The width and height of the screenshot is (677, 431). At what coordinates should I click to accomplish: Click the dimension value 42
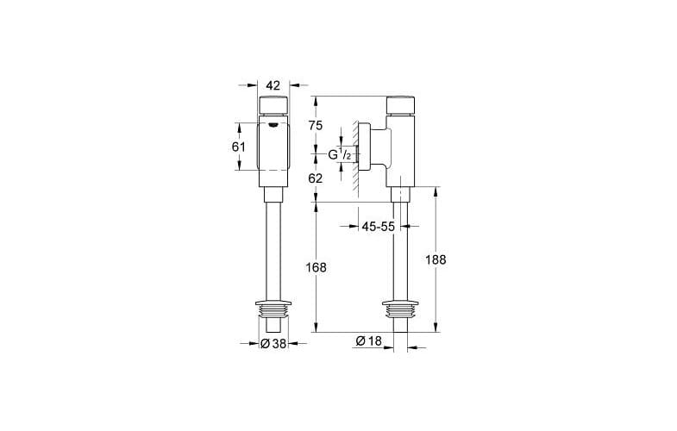click(274, 85)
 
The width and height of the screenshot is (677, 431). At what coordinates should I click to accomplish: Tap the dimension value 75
click(317, 125)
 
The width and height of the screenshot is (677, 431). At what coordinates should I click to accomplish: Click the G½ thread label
click(338, 154)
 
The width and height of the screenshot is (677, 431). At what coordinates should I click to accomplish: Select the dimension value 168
click(317, 267)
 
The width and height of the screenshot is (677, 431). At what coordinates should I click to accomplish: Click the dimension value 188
click(436, 259)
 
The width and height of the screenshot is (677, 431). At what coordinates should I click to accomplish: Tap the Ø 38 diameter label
click(273, 343)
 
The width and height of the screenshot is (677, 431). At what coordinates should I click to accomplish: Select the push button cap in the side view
click(401, 107)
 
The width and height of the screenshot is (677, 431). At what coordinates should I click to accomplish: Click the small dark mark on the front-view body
click(274, 126)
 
